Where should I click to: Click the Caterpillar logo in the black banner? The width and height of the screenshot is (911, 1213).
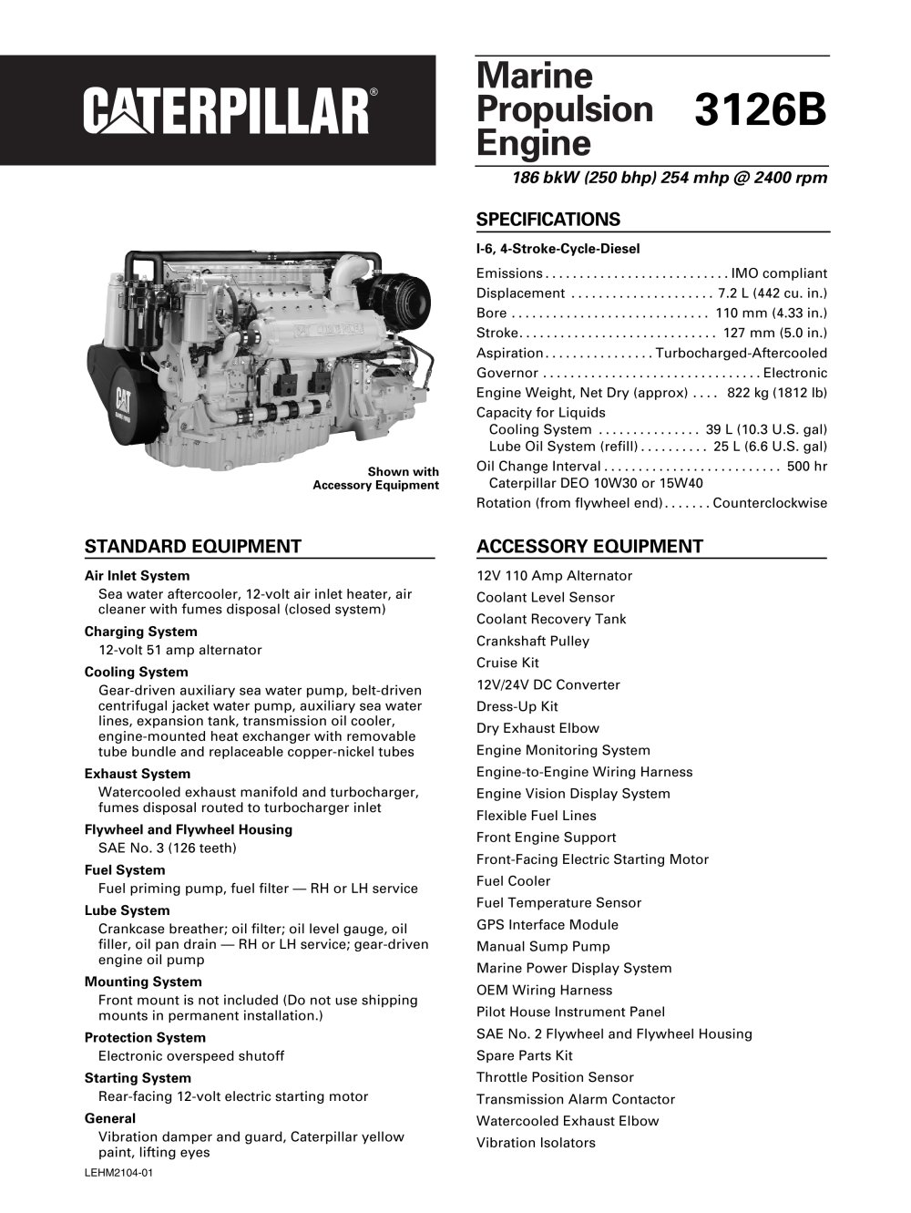[228, 111]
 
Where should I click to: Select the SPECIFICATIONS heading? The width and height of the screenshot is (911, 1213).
[548, 220]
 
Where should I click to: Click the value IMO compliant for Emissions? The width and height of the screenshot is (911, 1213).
[779, 273]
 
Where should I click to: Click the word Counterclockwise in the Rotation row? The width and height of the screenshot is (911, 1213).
[770, 503]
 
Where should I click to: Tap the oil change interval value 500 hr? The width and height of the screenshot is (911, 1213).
[807, 467]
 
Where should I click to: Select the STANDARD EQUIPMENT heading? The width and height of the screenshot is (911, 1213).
[192, 547]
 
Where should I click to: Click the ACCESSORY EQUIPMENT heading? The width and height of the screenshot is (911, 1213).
[589, 547]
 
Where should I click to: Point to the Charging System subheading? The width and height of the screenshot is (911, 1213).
[140, 632]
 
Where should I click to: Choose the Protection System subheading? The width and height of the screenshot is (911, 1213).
[145, 1037]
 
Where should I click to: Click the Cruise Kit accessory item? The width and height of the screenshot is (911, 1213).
[507, 663]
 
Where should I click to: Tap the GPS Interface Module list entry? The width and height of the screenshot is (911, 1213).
[547, 924]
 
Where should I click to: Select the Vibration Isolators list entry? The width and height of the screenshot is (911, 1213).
[536, 1143]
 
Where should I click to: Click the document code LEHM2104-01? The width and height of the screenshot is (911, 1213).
[118, 1173]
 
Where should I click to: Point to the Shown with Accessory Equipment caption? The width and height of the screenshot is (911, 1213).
[375, 478]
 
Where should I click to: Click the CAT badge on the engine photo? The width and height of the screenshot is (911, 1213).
[124, 400]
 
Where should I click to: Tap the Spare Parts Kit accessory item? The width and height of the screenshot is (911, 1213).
[524, 1055]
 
